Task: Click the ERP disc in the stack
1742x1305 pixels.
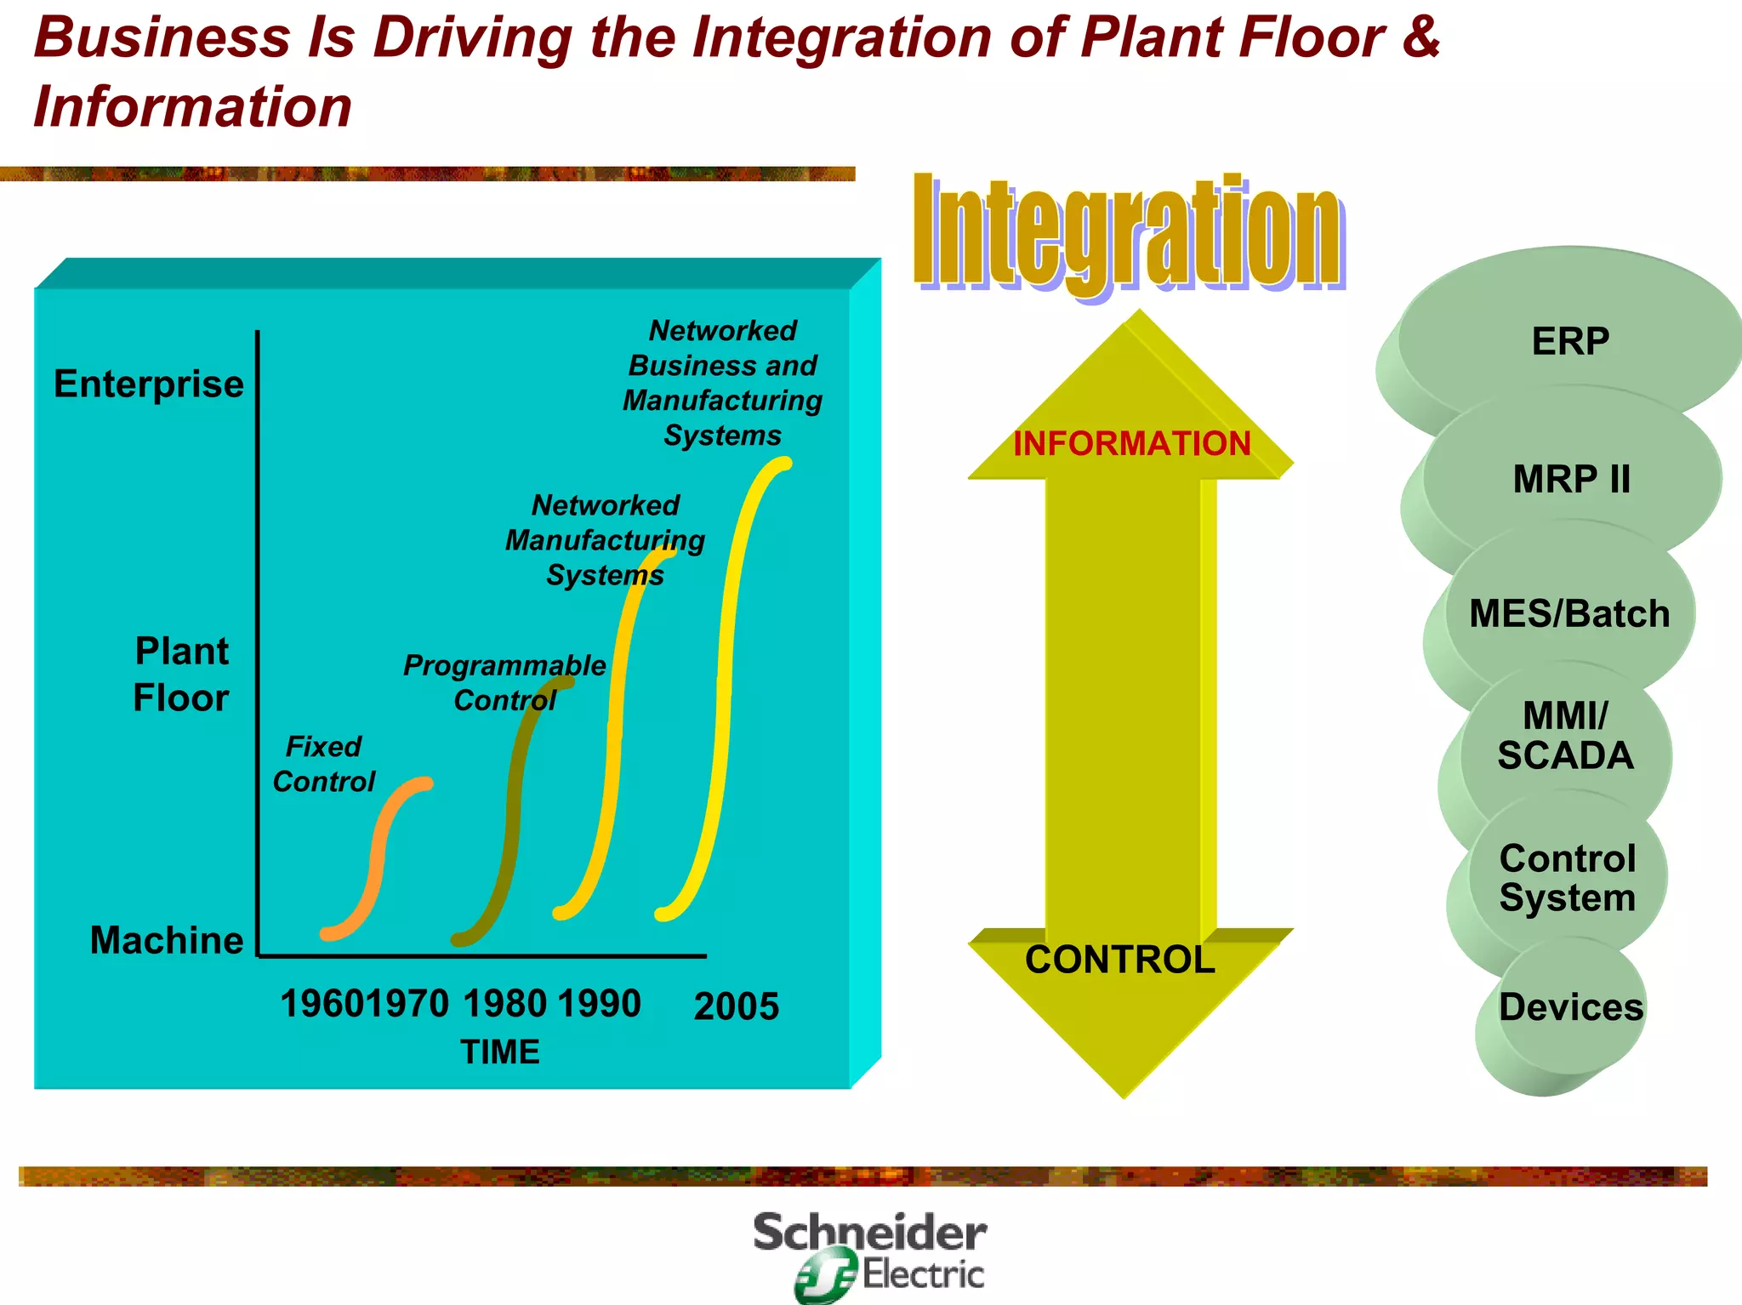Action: [x=1569, y=341]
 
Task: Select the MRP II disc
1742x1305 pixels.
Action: [x=1571, y=479]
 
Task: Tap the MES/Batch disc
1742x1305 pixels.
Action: [x=1569, y=613]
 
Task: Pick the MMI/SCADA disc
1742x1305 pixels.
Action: [x=1565, y=736]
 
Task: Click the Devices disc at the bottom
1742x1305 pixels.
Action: [x=1570, y=1007]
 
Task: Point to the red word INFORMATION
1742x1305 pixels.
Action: [x=1131, y=443]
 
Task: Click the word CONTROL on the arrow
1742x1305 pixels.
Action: [x=1119, y=960]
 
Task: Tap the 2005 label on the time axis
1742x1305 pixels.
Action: [x=737, y=1006]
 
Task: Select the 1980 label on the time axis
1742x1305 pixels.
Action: [x=504, y=1004]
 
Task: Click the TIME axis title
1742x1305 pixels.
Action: [x=500, y=1052]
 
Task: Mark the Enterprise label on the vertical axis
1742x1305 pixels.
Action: [x=149, y=384]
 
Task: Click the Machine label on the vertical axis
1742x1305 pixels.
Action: [x=167, y=940]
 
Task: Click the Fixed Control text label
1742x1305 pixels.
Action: [x=323, y=764]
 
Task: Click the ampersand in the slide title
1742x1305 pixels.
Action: [x=1418, y=37]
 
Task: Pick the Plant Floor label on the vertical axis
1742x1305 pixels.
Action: [x=181, y=675]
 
